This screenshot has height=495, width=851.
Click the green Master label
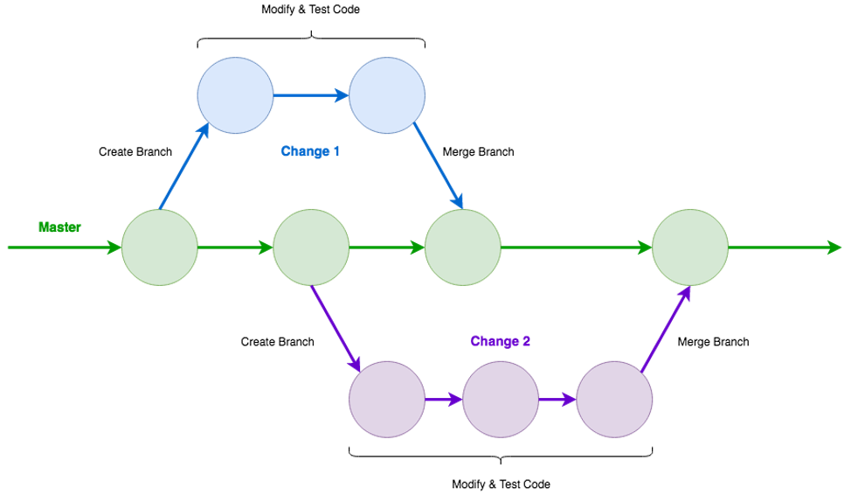[59, 227]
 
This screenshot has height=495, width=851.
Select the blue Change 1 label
[310, 151]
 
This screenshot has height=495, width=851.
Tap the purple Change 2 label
[500, 341]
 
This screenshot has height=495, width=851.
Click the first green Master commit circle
[159, 247]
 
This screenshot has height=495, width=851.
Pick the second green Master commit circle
[311, 247]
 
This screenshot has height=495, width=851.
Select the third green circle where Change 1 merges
[462, 247]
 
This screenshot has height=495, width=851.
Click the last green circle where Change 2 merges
[690, 247]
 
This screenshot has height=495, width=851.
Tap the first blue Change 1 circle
[235, 95]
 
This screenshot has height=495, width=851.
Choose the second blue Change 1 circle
[387, 95]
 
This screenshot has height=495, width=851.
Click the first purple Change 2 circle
[387, 399]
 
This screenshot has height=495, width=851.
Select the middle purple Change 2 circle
[501, 399]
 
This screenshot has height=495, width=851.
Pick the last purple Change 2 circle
[614, 399]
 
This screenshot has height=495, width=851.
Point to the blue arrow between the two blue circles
[311, 95]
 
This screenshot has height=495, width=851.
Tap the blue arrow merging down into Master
[439, 166]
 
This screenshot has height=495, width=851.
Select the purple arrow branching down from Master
[336, 327]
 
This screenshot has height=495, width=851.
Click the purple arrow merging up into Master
[666, 329]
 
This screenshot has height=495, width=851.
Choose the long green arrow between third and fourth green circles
[577, 247]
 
